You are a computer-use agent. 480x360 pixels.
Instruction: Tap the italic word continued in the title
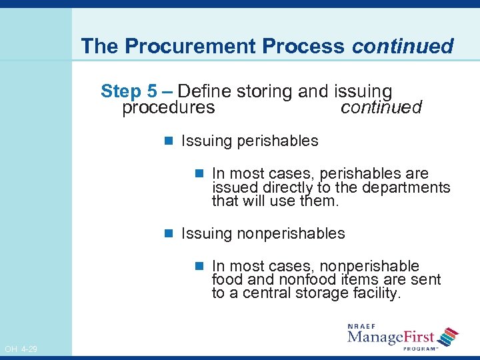pyautogui.click(x=403, y=47)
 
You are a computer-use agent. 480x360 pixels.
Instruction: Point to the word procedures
pyautogui.click(x=168, y=107)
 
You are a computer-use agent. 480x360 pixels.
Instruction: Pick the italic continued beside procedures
pyautogui.click(x=381, y=107)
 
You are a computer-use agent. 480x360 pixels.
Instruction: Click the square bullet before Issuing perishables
pyautogui.click(x=169, y=141)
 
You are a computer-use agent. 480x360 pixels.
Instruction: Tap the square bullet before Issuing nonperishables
pyautogui.click(x=169, y=234)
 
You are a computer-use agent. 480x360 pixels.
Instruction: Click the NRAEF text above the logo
pyautogui.click(x=361, y=326)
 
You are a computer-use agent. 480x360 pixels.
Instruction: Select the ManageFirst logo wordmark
pyautogui.click(x=391, y=337)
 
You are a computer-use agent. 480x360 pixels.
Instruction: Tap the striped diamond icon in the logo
pyautogui.click(x=449, y=337)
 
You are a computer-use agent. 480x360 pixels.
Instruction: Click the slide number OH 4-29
pyautogui.click(x=21, y=349)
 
